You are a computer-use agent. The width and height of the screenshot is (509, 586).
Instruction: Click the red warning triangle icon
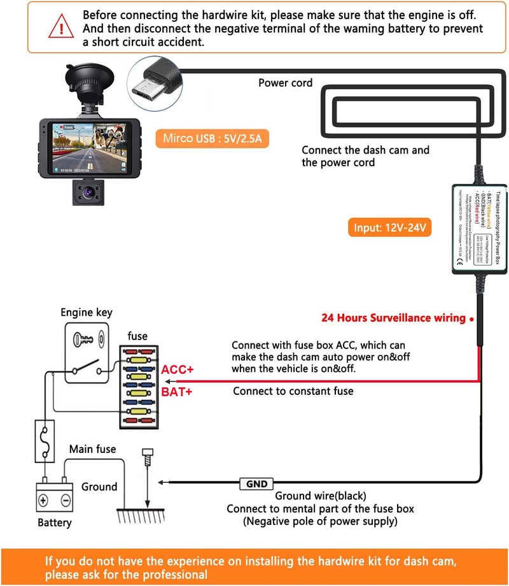[61, 27]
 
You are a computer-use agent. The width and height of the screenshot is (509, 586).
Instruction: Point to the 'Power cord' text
[285, 83]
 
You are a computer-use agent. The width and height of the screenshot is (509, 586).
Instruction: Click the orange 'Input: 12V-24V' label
[389, 227]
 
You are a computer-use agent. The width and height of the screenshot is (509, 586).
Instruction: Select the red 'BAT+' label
[177, 392]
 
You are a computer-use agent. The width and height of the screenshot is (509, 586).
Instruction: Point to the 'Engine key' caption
[87, 312]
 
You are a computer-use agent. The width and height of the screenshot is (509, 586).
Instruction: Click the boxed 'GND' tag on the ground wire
[256, 484]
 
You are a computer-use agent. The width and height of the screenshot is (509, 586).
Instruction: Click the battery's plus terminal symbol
[44, 501]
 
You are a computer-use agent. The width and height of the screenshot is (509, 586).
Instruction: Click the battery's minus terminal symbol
[65, 501]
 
